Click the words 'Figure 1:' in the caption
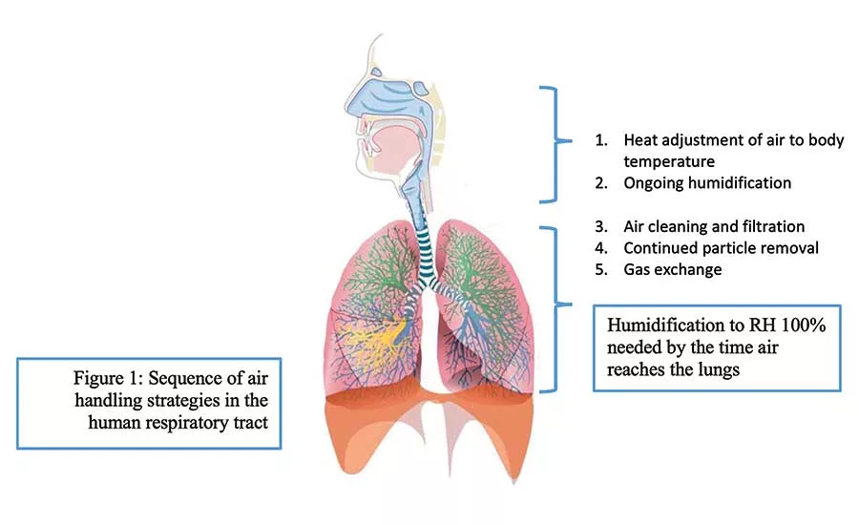[108, 378]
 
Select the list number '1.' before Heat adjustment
[601, 140]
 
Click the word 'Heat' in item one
[639, 140]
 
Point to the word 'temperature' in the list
[669, 161]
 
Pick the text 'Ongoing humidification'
[707, 182]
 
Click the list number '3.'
[601, 226]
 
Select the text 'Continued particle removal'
[721, 248]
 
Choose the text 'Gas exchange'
[673, 269]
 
